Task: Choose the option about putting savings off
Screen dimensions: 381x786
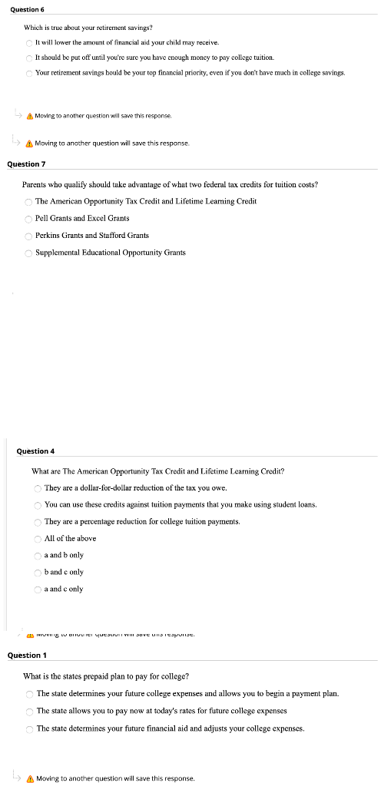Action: point(29,58)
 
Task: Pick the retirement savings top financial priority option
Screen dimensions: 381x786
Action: point(29,73)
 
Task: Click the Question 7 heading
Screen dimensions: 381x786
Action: point(27,163)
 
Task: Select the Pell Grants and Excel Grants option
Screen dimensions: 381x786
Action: point(28,219)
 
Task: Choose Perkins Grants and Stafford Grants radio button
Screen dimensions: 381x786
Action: point(28,236)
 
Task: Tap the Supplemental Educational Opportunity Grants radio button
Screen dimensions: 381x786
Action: point(28,253)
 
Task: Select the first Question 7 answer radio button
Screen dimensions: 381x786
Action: point(28,202)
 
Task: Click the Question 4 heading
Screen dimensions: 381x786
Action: point(36,451)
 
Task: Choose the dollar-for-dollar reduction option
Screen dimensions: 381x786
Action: point(38,488)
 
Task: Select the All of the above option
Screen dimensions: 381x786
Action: point(38,539)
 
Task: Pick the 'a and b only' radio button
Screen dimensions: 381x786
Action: point(38,555)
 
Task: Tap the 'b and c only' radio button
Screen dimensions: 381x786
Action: point(38,572)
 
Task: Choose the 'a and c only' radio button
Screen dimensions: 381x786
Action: point(38,589)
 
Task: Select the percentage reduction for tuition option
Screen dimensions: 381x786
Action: point(38,522)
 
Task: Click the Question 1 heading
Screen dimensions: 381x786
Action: point(27,656)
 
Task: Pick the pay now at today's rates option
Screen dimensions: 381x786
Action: point(29,711)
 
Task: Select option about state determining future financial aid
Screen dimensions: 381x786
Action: point(29,728)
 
